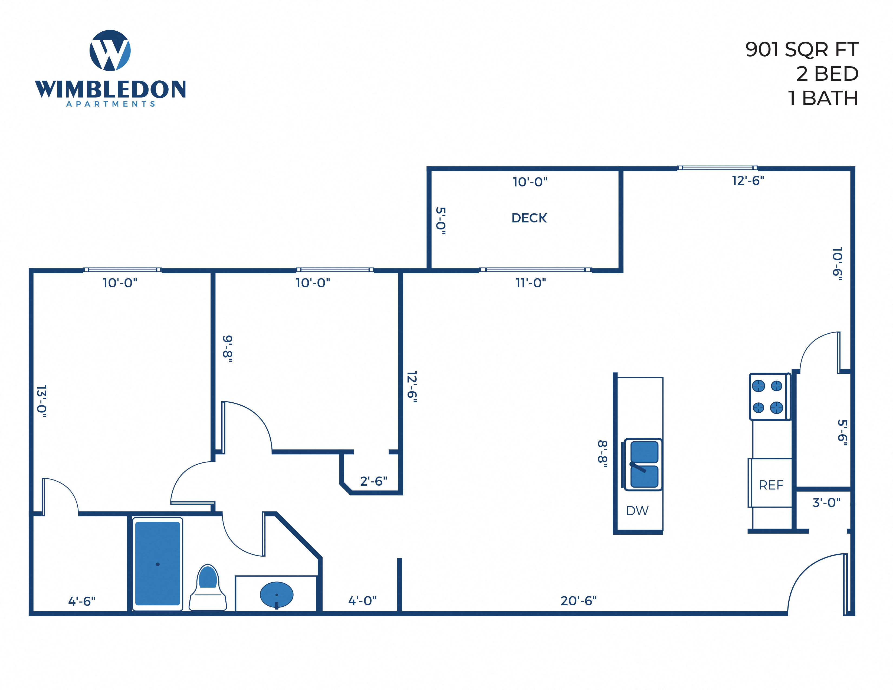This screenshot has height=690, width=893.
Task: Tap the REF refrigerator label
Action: tap(771, 485)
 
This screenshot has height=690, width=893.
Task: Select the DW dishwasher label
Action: tap(637, 511)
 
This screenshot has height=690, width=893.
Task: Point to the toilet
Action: tap(208, 588)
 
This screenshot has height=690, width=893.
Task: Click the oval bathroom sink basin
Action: tap(276, 594)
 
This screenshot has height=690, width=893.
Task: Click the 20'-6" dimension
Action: tap(578, 601)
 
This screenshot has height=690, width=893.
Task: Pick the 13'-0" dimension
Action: tap(42, 401)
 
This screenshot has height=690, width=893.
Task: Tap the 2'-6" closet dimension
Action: tap(373, 481)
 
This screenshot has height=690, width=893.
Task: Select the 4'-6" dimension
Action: tap(81, 601)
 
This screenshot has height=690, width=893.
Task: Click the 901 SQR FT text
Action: tap(802, 50)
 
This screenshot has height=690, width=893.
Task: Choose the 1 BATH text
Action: tap(823, 98)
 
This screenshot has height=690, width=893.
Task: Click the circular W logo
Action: tap(110, 50)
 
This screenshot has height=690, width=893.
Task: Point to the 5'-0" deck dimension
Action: tap(440, 221)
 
